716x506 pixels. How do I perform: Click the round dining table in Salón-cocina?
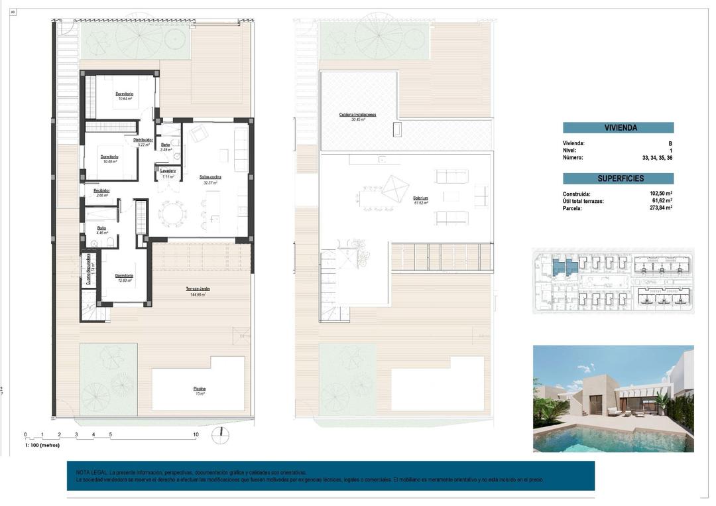[x=172, y=214]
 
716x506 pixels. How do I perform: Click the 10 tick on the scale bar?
[x=196, y=435]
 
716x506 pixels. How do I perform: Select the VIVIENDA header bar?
[x=618, y=127]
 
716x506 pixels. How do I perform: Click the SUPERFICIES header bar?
[x=618, y=178]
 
